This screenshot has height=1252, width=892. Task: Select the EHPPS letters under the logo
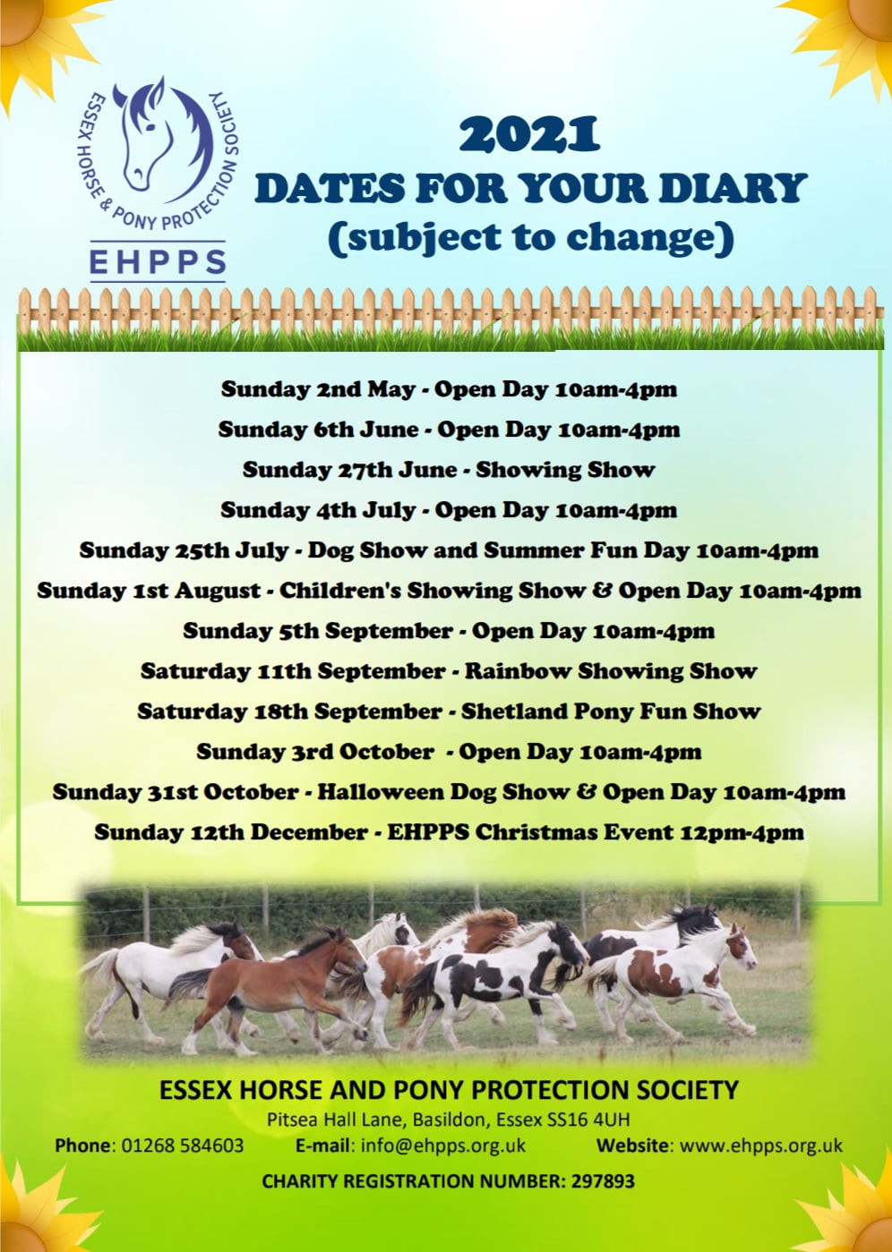(x=158, y=262)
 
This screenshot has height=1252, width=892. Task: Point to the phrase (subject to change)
(x=530, y=238)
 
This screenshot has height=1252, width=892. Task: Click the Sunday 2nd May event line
(x=449, y=389)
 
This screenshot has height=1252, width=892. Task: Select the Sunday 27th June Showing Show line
(x=449, y=470)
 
